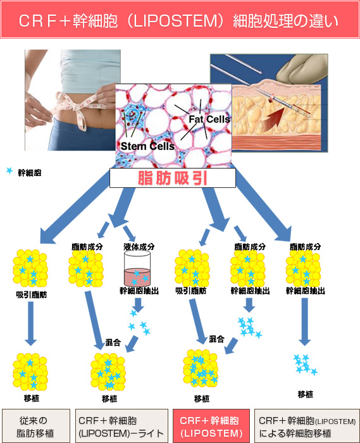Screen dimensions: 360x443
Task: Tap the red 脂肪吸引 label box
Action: [x=173, y=178]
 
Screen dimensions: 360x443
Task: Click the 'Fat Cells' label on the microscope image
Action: [x=209, y=119]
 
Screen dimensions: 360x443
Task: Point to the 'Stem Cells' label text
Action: [x=147, y=146]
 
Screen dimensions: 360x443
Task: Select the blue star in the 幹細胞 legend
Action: [x=9, y=171]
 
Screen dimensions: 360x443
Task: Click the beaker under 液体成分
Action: [x=137, y=268]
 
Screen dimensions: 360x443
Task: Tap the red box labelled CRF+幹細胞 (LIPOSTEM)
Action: [x=211, y=426]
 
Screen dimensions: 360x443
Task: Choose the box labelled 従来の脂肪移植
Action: [x=36, y=426]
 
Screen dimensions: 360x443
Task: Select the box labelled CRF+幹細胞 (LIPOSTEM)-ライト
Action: [x=121, y=426]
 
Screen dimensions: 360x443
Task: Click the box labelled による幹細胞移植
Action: [x=307, y=426]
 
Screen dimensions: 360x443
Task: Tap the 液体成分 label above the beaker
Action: [x=139, y=246]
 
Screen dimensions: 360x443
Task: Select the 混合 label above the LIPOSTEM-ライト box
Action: [x=113, y=342]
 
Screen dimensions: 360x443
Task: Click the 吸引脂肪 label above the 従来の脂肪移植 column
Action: [x=32, y=295]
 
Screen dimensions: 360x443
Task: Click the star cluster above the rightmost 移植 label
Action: [x=305, y=365]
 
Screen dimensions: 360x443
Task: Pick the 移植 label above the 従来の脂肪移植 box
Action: [x=32, y=398]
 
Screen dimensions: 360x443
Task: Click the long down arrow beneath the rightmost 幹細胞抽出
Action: [x=305, y=321]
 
